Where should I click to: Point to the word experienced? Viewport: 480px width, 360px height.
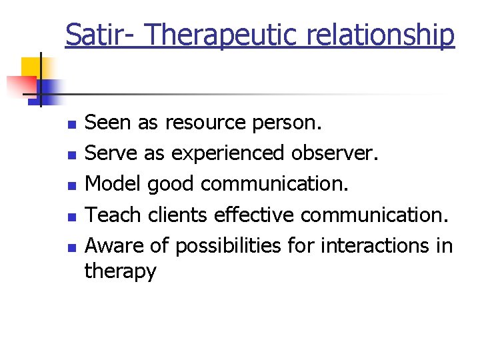click(227, 153)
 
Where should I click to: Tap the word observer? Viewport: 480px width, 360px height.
click(334, 153)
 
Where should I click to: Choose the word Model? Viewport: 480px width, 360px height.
click(113, 184)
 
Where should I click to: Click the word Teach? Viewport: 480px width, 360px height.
click(113, 215)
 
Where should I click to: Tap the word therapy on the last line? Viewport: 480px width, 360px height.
click(121, 271)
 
